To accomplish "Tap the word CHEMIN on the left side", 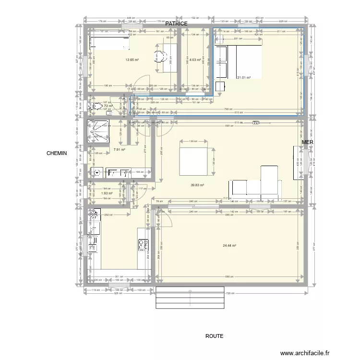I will pyautogui.click(x=57, y=154).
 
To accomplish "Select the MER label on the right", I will pyautogui.click(x=307, y=142).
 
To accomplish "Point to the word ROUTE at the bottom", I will pyautogui.click(x=214, y=336).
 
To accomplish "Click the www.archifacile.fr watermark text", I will pyautogui.click(x=306, y=353).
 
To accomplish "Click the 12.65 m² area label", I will pyautogui.click(x=132, y=60).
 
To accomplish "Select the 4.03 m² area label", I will pyautogui.click(x=194, y=60).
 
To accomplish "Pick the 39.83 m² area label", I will pyautogui.click(x=197, y=185).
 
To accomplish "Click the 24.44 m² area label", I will pyautogui.click(x=230, y=245).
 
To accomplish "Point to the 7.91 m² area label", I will pyautogui.click(x=119, y=150).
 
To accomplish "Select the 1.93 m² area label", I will pyautogui.click(x=107, y=193).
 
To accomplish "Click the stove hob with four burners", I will pyautogui.click(x=144, y=246).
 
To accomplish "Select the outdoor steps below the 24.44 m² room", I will pyautogui.click(x=190, y=299).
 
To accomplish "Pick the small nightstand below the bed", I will pyautogui.click(x=220, y=86).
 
